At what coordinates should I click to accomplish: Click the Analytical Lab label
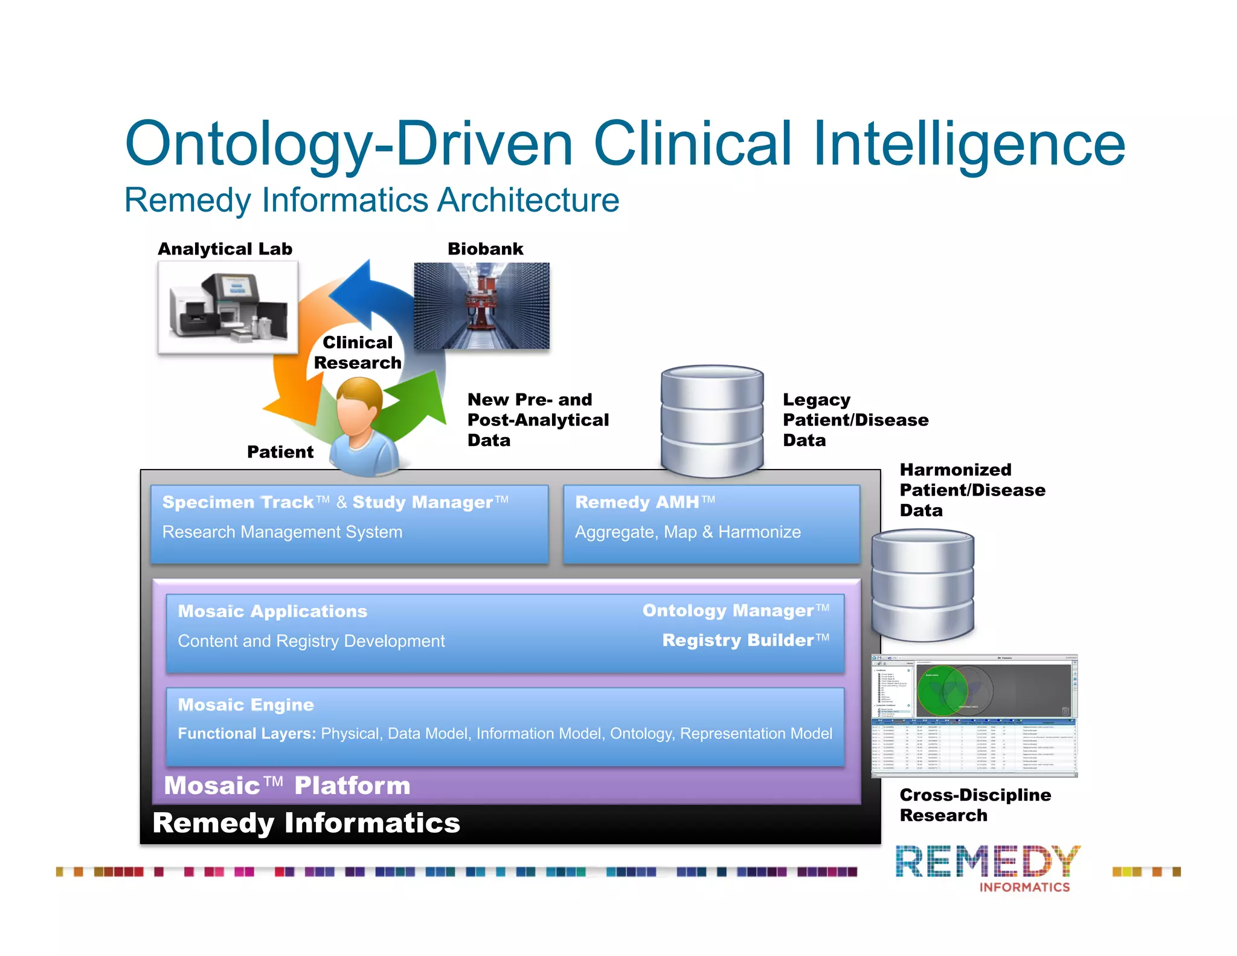pyautogui.click(x=225, y=249)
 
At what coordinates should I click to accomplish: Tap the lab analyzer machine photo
pyautogui.click(x=228, y=307)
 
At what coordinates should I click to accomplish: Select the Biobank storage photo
pyautogui.click(x=481, y=306)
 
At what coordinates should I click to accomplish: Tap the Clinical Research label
pyautogui.click(x=358, y=352)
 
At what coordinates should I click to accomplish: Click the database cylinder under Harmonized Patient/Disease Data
pyautogui.click(x=922, y=585)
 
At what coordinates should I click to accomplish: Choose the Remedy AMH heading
pyautogui.click(x=637, y=502)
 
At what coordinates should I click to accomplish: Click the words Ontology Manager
pyautogui.click(x=728, y=610)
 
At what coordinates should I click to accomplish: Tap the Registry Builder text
pyautogui.click(x=737, y=640)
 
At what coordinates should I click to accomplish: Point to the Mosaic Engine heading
pyautogui.click(x=246, y=705)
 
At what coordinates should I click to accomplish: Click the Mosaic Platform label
pyautogui.click(x=287, y=786)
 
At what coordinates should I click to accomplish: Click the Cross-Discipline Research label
pyautogui.click(x=975, y=805)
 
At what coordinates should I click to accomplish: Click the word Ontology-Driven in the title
pyautogui.click(x=349, y=144)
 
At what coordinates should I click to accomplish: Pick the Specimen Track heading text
pyautogui.click(x=239, y=502)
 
